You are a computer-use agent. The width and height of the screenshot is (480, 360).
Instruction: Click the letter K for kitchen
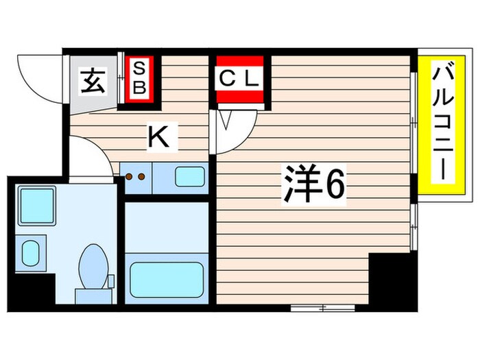(159, 138)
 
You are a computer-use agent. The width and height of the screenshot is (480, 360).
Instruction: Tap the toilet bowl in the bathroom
(93, 265)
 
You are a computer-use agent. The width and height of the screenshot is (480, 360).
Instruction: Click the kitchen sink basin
(189, 176)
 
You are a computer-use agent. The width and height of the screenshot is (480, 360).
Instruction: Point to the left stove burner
(128, 176)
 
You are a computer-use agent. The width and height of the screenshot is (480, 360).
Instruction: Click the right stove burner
(141, 176)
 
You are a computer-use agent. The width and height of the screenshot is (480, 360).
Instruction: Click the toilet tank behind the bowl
(93, 296)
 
